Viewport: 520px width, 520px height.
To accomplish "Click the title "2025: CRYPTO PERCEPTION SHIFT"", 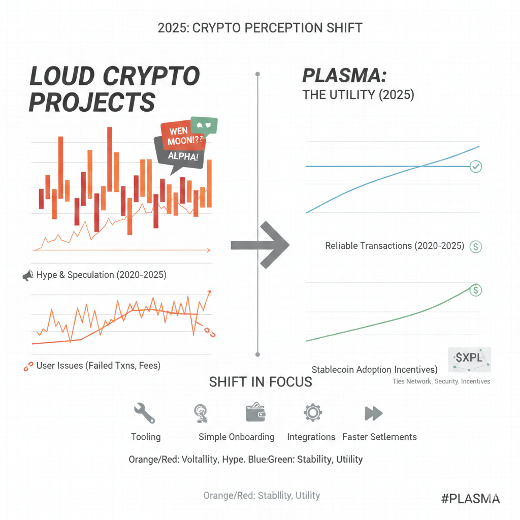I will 260,27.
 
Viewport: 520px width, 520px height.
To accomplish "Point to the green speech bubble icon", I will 204,125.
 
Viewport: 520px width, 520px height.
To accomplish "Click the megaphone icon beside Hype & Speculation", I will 27,276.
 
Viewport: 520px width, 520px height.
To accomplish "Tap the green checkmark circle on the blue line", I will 476,166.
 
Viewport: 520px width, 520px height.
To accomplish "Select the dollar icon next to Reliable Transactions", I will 476,247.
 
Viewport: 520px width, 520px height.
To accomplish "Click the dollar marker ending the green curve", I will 476,290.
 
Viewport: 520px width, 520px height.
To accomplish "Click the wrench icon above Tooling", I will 144,413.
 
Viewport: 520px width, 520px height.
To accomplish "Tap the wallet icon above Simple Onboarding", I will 256,412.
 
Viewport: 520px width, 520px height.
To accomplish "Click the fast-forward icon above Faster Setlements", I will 374,413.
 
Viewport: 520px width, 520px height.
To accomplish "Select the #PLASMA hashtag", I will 470,498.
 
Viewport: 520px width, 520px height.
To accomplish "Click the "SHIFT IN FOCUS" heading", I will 261,382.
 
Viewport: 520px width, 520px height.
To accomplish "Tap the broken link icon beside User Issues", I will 28,366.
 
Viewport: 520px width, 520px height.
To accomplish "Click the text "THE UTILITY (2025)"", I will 358,95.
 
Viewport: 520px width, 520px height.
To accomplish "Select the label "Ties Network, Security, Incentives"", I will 441,381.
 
